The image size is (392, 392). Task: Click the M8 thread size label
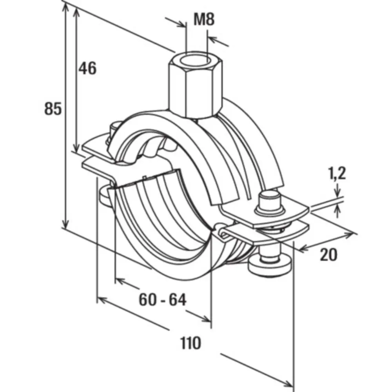pos(205,19)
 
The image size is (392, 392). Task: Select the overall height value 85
pos(53,109)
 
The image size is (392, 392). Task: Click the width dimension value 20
pos(328,255)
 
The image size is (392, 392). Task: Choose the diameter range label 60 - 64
pos(162,300)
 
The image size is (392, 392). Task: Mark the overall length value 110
pos(191,343)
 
